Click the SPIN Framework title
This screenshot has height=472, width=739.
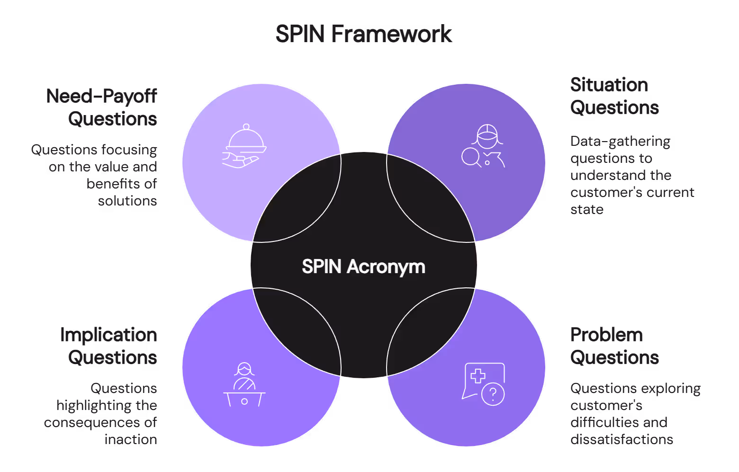click(x=363, y=34)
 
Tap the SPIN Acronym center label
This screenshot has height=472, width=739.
click(x=363, y=267)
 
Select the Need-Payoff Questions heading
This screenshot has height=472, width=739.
click(x=102, y=107)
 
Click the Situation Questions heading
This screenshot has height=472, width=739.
click(x=614, y=96)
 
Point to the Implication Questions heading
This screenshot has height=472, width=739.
click(x=109, y=346)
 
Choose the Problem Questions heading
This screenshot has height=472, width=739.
click(x=614, y=346)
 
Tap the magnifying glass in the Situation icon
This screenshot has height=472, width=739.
click(x=470, y=156)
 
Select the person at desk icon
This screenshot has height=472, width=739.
click(x=244, y=385)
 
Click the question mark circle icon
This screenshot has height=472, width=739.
click(x=493, y=393)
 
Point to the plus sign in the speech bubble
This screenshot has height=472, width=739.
click(x=478, y=376)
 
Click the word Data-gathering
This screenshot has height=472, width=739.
click(x=620, y=142)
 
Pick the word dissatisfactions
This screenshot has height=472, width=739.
click(x=622, y=439)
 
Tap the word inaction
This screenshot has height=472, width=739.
click(x=131, y=439)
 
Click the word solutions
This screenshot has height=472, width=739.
click(x=127, y=201)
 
